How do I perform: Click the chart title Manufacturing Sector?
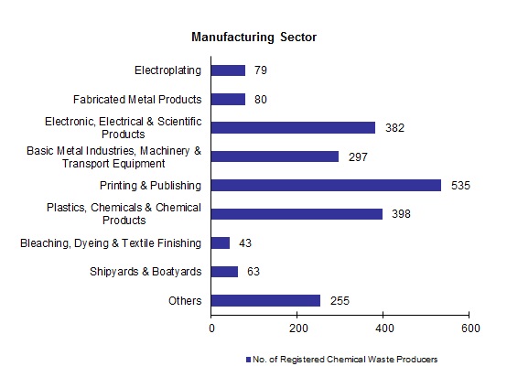[x=253, y=38]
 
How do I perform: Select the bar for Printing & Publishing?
[x=327, y=185]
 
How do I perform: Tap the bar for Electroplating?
[x=229, y=70]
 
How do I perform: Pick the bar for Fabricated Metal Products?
[x=229, y=99]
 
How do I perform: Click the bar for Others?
[x=266, y=300]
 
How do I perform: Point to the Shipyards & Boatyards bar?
[x=225, y=272]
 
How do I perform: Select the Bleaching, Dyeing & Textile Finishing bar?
[x=221, y=242]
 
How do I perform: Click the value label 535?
[x=460, y=186]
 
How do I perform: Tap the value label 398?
[x=401, y=214]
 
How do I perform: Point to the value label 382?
[x=394, y=128]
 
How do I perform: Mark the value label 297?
[x=358, y=156]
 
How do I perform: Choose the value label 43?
[x=244, y=243]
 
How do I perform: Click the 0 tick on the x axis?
[x=211, y=328]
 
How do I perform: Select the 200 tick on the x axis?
[x=297, y=328]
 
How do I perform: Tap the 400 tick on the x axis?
[x=383, y=328]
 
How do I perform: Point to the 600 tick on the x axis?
[x=469, y=328]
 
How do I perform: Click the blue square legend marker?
[x=248, y=359]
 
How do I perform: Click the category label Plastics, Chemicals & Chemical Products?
[x=124, y=214]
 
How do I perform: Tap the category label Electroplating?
[x=167, y=70]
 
